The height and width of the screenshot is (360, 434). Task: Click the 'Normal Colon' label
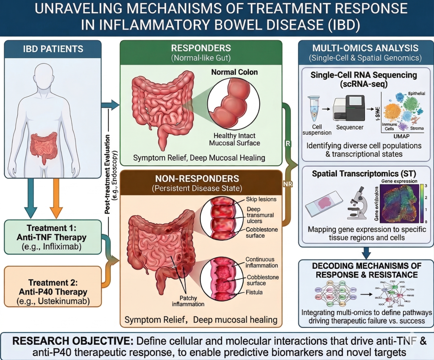tap(234, 72)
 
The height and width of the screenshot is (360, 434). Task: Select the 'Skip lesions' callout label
tap(261, 199)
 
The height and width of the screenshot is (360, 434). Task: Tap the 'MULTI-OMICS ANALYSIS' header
tap(365, 48)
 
